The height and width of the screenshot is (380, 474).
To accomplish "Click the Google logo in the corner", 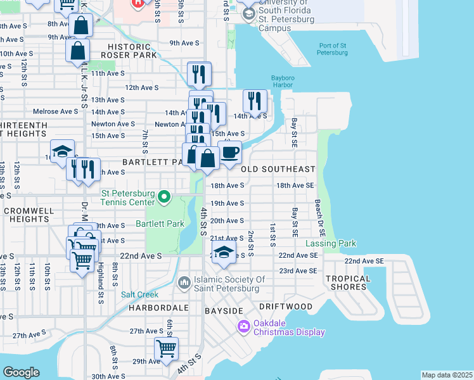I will click(21, 372).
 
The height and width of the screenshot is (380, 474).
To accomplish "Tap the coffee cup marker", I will click(229, 152).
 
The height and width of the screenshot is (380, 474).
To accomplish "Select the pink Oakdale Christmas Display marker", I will click(243, 326).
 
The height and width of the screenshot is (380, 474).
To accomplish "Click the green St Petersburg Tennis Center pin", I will click(164, 197).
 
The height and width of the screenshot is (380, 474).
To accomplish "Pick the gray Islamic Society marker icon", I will click(184, 281).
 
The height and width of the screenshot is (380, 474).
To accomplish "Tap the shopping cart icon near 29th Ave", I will click(166, 348).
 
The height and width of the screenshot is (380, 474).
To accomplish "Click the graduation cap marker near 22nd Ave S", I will click(224, 252).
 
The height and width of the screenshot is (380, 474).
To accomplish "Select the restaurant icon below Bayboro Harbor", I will click(255, 101).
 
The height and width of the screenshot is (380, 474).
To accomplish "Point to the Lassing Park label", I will click(331, 243).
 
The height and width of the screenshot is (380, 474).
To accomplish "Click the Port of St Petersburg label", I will click(333, 49).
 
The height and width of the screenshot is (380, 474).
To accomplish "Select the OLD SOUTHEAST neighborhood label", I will click(278, 169).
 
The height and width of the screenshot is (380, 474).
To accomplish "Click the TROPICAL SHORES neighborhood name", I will click(348, 282).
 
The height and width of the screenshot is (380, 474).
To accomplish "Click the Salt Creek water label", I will click(139, 294).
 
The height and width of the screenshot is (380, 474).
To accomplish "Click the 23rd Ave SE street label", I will click(298, 270).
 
